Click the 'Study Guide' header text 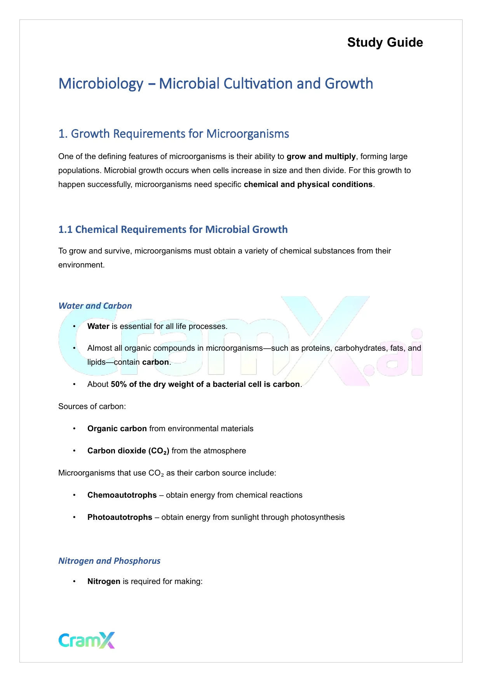click(385, 42)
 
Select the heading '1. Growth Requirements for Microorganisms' click(174, 134)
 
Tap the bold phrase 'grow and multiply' click(321, 156)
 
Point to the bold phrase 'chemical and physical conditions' click(308, 184)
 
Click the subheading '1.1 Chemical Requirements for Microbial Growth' click(173, 229)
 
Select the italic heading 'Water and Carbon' click(95, 306)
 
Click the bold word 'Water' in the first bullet click(98, 326)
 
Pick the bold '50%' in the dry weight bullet click(119, 384)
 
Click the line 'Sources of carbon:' click(92, 406)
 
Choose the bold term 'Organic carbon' click(117, 428)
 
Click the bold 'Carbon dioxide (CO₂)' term click(128, 451)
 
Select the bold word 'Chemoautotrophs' click(122, 495)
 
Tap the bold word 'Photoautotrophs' click(120, 517)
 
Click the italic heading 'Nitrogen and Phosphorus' click(109, 561)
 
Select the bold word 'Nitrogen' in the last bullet click(104, 581)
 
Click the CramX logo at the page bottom click(87, 640)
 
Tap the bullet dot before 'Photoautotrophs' click(74, 517)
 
